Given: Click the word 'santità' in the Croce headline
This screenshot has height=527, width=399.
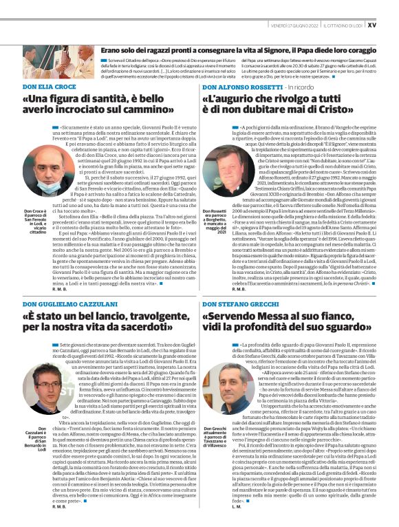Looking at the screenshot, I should coord(110,99).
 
